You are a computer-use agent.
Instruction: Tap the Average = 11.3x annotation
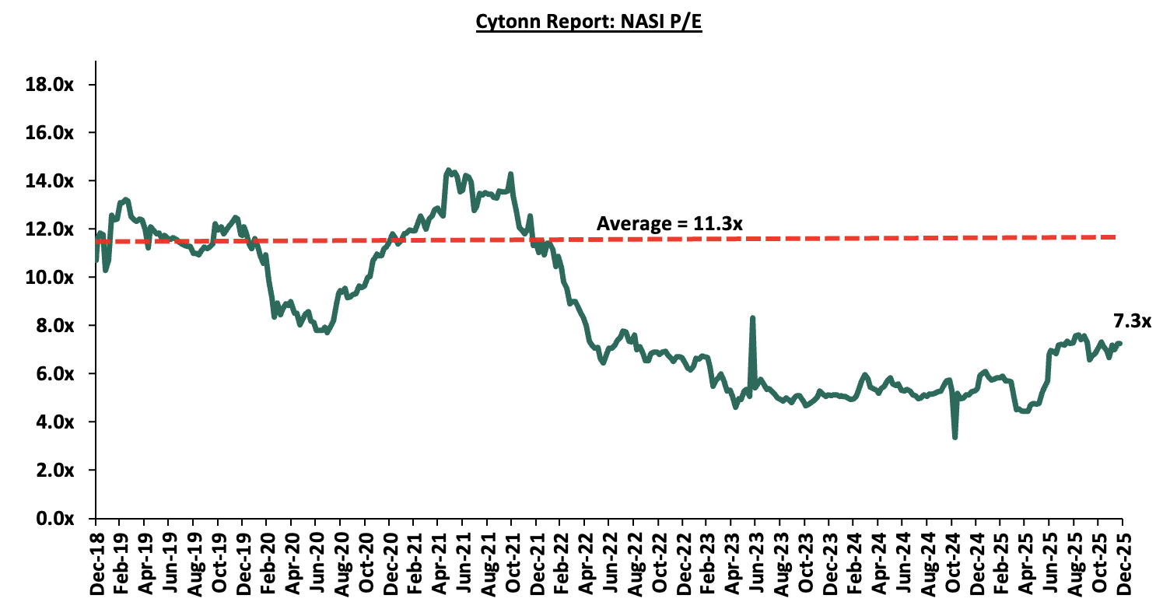pos(669,224)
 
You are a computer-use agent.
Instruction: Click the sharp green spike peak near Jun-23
pos(752,318)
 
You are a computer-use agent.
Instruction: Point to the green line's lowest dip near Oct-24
pos(955,437)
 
